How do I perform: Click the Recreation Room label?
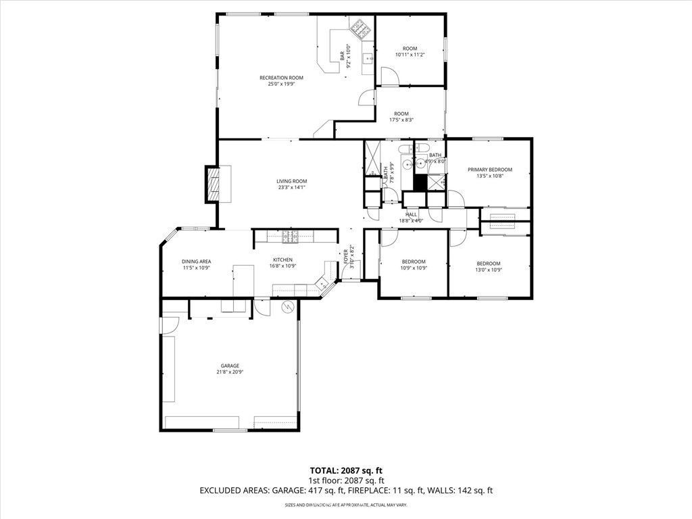(x=281, y=78)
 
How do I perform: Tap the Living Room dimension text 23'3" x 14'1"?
(x=291, y=187)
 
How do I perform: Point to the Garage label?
(x=230, y=366)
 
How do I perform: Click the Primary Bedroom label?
(x=490, y=170)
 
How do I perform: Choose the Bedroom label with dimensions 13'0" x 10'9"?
(x=489, y=263)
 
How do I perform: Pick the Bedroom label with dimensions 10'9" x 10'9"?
(x=414, y=262)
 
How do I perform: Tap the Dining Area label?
(x=196, y=262)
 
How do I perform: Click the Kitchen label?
(x=282, y=260)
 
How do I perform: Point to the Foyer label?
(x=345, y=256)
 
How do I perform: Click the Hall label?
(x=411, y=214)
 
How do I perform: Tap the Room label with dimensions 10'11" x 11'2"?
(x=410, y=49)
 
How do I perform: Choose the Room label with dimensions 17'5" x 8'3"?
(x=401, y=114)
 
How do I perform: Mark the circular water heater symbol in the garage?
(x=287, y=307)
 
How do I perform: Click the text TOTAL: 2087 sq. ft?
(x=346, y=470)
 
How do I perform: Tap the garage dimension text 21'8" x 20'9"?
(x=230, y=372)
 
